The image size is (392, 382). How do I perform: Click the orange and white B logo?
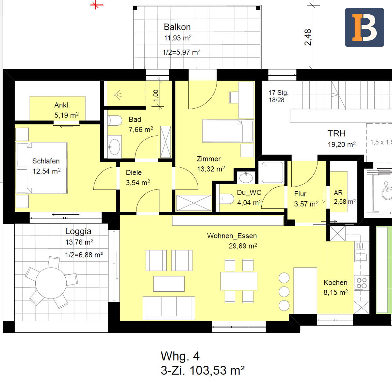[365, 27]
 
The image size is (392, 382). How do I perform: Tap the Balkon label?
[177, 27]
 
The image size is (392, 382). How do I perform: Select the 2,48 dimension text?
[308, 37]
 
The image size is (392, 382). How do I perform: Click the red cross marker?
[96, 5]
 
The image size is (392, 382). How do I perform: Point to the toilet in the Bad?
[115, 121]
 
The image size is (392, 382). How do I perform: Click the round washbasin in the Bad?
[115, 147]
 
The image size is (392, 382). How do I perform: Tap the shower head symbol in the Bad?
[118, 95]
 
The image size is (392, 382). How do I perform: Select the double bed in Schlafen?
[41, 168]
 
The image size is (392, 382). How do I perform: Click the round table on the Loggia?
[51, 283]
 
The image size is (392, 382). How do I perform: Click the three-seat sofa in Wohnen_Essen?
[169, 308]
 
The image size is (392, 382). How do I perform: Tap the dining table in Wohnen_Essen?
[239, 281]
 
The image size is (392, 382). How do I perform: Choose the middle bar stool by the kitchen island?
[284, 292]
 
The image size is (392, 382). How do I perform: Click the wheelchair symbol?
[386, 190]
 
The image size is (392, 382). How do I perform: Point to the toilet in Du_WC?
[226, 199]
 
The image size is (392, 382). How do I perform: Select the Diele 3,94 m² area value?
[138, 182]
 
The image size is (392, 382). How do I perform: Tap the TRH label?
[336, 133]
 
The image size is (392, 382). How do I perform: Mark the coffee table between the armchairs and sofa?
[169, 283]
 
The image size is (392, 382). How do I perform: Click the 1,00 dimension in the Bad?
[156, 96]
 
